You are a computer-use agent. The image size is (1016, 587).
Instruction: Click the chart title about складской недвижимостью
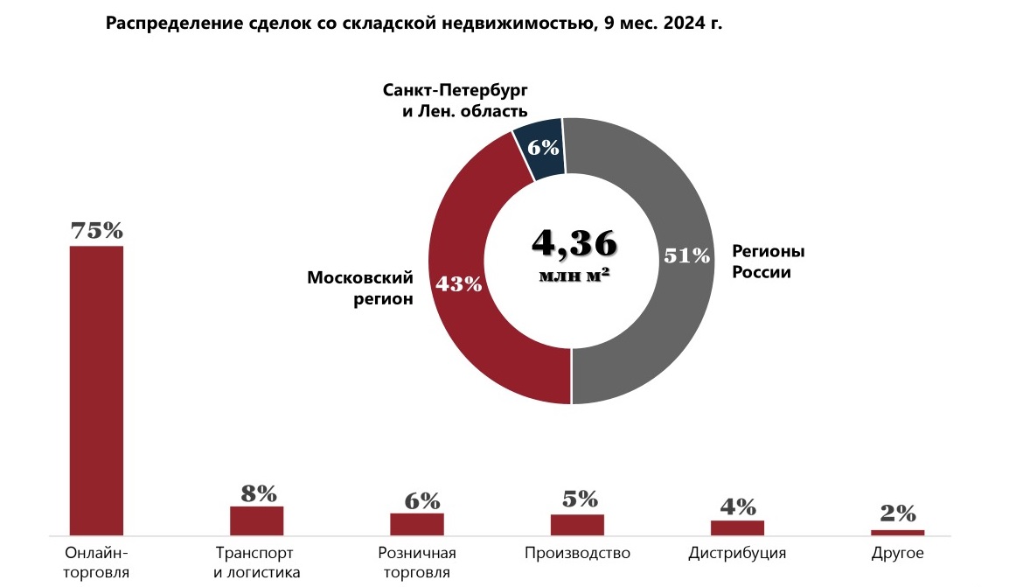(414, 23)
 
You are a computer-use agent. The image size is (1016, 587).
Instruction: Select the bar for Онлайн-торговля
(96, 389)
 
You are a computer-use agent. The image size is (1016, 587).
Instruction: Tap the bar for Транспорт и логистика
(257, 521)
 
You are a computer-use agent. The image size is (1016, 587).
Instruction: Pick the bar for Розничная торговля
(417, 523)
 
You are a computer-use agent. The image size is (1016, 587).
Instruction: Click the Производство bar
(577, 524)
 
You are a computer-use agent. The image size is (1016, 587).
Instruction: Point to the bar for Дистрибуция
(737, 528)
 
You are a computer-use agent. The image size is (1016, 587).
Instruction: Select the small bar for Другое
(898, 532)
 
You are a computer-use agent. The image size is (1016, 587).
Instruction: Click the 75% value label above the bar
(96, 231)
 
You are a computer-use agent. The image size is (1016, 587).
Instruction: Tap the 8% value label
(258, 493)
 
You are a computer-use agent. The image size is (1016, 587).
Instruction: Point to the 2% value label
(898, 513)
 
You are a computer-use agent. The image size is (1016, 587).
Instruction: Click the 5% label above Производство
(578, 500)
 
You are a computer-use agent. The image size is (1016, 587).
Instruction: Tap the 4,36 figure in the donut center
(574, 244)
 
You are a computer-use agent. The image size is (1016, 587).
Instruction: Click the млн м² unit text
(574, 275)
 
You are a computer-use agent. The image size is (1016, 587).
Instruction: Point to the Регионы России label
(768, 262)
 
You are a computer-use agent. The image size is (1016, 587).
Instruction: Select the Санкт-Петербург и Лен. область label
(456, 101)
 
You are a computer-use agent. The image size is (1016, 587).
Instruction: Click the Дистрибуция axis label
(737, 554)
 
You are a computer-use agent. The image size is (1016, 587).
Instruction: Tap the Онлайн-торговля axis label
(96, 563)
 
